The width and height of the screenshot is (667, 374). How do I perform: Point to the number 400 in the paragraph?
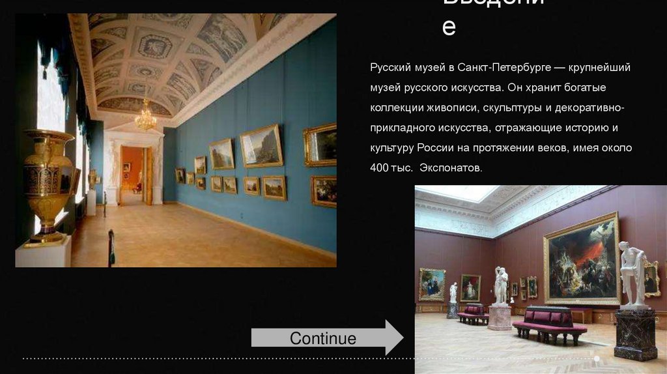click(379, 168)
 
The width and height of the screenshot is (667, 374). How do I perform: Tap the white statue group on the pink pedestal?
click(500, 287)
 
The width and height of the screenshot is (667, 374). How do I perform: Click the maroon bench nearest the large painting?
click(549, 323)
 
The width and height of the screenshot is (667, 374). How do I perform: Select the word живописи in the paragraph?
click(455, 108)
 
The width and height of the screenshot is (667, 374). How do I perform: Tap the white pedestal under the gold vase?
click(44, 252)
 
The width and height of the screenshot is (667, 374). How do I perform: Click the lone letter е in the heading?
click(449, 27)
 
